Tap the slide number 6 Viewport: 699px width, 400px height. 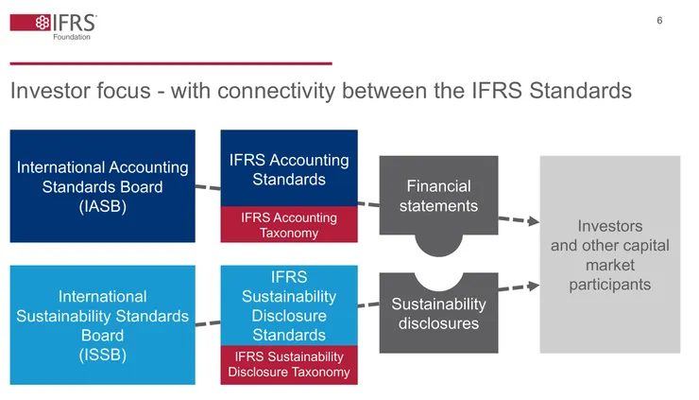tap(659, 21)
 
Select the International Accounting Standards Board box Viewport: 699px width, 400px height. tap(102, 185)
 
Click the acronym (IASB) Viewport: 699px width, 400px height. tap(102, 206)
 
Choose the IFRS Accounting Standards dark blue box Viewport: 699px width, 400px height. tap(289, 169)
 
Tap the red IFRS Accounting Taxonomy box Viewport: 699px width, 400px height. tap(289, 225)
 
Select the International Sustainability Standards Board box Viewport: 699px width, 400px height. tap(102, 324)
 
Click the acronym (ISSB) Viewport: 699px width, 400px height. tap(102, 355)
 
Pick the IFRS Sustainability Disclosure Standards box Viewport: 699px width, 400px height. tap(289, 305)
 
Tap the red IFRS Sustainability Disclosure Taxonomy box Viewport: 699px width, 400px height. tap(289, 364)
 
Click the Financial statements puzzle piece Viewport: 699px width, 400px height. tap(438, 196)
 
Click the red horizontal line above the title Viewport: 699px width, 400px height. tap(170, 62)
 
